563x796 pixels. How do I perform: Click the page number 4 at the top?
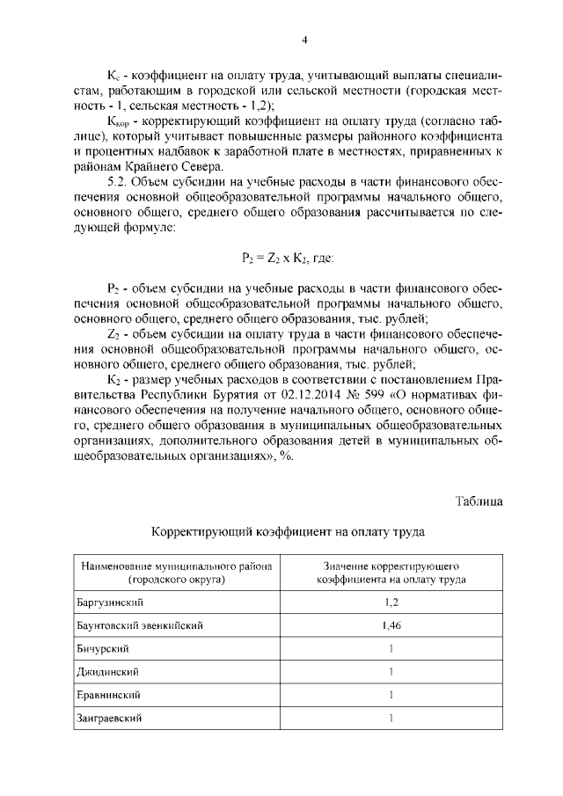pos(304,39)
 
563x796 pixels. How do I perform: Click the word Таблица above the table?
pos(479,500)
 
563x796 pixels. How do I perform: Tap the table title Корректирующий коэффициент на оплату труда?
pos(288,532)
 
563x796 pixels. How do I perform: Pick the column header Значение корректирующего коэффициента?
pos(391,573)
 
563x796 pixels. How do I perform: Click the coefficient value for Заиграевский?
pos(391,719)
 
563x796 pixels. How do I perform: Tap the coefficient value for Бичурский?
pos(391,648)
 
